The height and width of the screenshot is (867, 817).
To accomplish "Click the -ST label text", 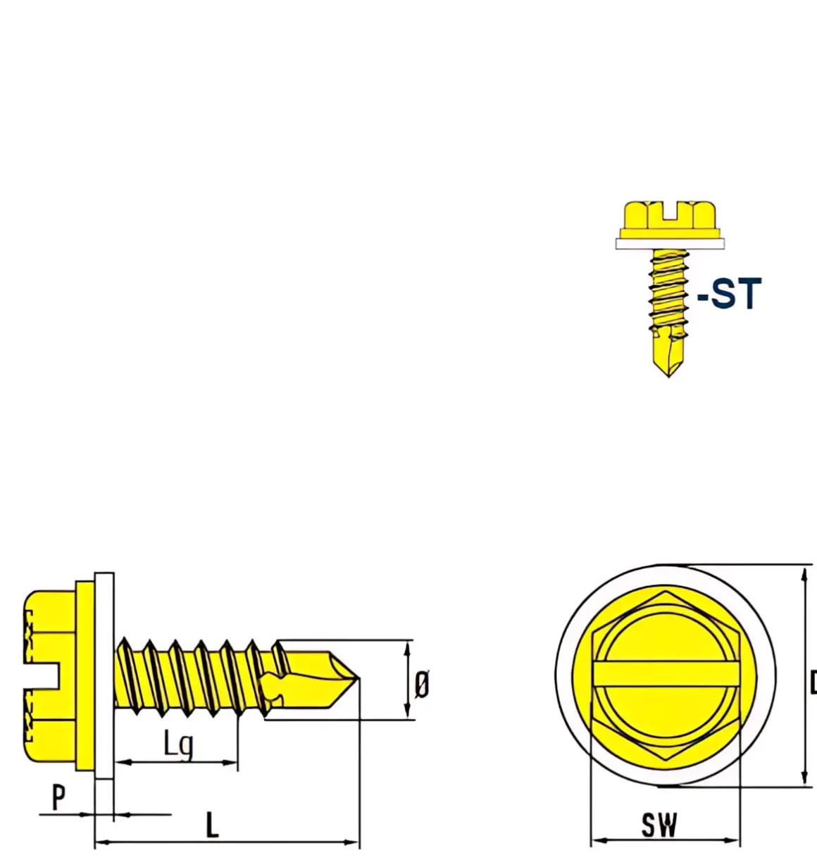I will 730,294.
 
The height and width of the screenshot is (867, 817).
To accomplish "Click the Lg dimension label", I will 178,743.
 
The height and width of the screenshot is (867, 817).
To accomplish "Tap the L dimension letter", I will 212,825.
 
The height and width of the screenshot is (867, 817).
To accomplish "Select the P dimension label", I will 59,797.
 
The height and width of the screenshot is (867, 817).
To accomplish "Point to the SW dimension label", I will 659,825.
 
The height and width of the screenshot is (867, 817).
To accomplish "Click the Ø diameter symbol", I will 421,684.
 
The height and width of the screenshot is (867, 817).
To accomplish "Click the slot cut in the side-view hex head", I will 42,675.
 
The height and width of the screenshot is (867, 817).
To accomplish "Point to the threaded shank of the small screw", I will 668,289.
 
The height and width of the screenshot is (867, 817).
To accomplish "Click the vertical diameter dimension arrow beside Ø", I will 407,680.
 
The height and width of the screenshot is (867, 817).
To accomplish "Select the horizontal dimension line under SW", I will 666,840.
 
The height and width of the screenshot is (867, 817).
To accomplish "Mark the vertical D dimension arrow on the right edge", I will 804,676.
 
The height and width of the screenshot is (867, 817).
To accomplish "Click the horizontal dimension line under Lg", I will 176,762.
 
